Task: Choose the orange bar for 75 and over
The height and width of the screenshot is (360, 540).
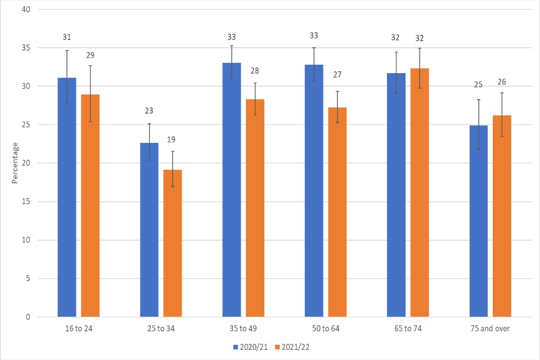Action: point(502,216)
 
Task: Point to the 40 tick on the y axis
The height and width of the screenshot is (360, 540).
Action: point(26,10)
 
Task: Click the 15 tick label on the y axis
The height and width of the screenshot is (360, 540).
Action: point(26,201)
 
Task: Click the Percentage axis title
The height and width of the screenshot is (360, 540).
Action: point(15,163)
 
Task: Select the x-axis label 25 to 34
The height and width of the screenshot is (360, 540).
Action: point(161,328)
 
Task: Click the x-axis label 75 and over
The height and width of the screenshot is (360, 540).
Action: point(490,328)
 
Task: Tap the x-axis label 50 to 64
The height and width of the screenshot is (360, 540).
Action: point(326,328)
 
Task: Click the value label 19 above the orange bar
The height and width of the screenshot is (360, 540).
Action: point(172,139)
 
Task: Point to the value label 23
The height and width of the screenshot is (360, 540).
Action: point(149,111)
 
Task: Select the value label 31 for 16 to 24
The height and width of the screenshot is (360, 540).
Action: point(66,37)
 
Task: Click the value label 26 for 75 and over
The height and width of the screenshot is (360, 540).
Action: point(502,82)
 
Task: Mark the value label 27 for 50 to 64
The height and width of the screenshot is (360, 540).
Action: point(337,74)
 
